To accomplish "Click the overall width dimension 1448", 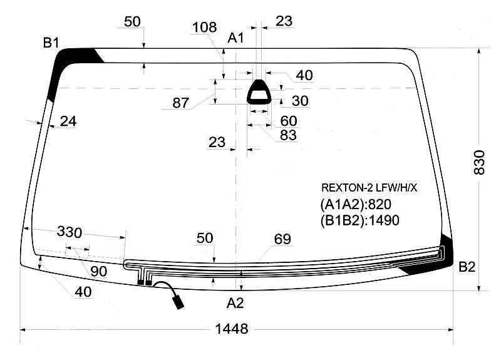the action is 232,329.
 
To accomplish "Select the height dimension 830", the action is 479,162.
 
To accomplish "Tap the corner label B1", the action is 51,43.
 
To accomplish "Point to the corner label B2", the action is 467,267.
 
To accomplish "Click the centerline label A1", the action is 236,38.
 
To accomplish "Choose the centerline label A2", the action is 235,303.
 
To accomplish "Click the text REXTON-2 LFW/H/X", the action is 369,188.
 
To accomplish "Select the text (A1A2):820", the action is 356,205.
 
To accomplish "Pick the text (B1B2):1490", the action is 359,220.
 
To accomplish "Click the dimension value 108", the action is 205,28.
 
